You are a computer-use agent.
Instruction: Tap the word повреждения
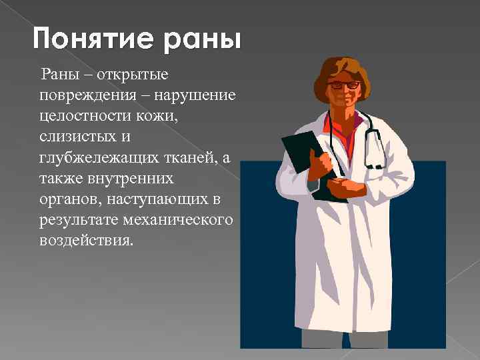[83, 93]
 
